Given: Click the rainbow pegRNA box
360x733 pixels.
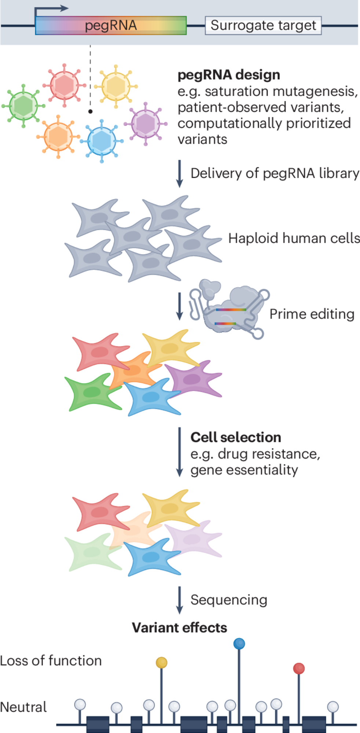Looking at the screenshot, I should (111, 26).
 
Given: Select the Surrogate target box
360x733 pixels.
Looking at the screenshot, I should (263, 26).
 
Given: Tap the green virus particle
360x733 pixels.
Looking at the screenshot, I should (23, 106).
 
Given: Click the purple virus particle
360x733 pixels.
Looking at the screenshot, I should (146, 124).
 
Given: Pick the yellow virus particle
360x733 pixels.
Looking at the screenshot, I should (116, 86).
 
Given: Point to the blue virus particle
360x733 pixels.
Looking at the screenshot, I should (102, 141).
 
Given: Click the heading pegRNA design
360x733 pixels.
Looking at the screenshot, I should (229, 75).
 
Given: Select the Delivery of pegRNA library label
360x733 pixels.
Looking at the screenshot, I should (275, 173).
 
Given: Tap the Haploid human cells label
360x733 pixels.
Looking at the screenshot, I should (294, 238).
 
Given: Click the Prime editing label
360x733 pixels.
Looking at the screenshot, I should (312, 314).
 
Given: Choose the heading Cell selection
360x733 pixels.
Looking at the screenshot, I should (236, 437).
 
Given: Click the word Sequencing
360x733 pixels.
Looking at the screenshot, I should (229, 600).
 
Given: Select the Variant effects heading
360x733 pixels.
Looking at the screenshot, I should (180, 628).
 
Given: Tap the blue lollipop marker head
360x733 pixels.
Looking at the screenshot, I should (239, 644).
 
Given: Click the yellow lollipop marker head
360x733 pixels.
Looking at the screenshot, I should (161, 663).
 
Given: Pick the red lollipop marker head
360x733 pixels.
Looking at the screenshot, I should (299, 668).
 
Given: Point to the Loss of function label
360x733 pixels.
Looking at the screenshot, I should (51, 661).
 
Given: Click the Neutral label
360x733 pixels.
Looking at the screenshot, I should (23, 707).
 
